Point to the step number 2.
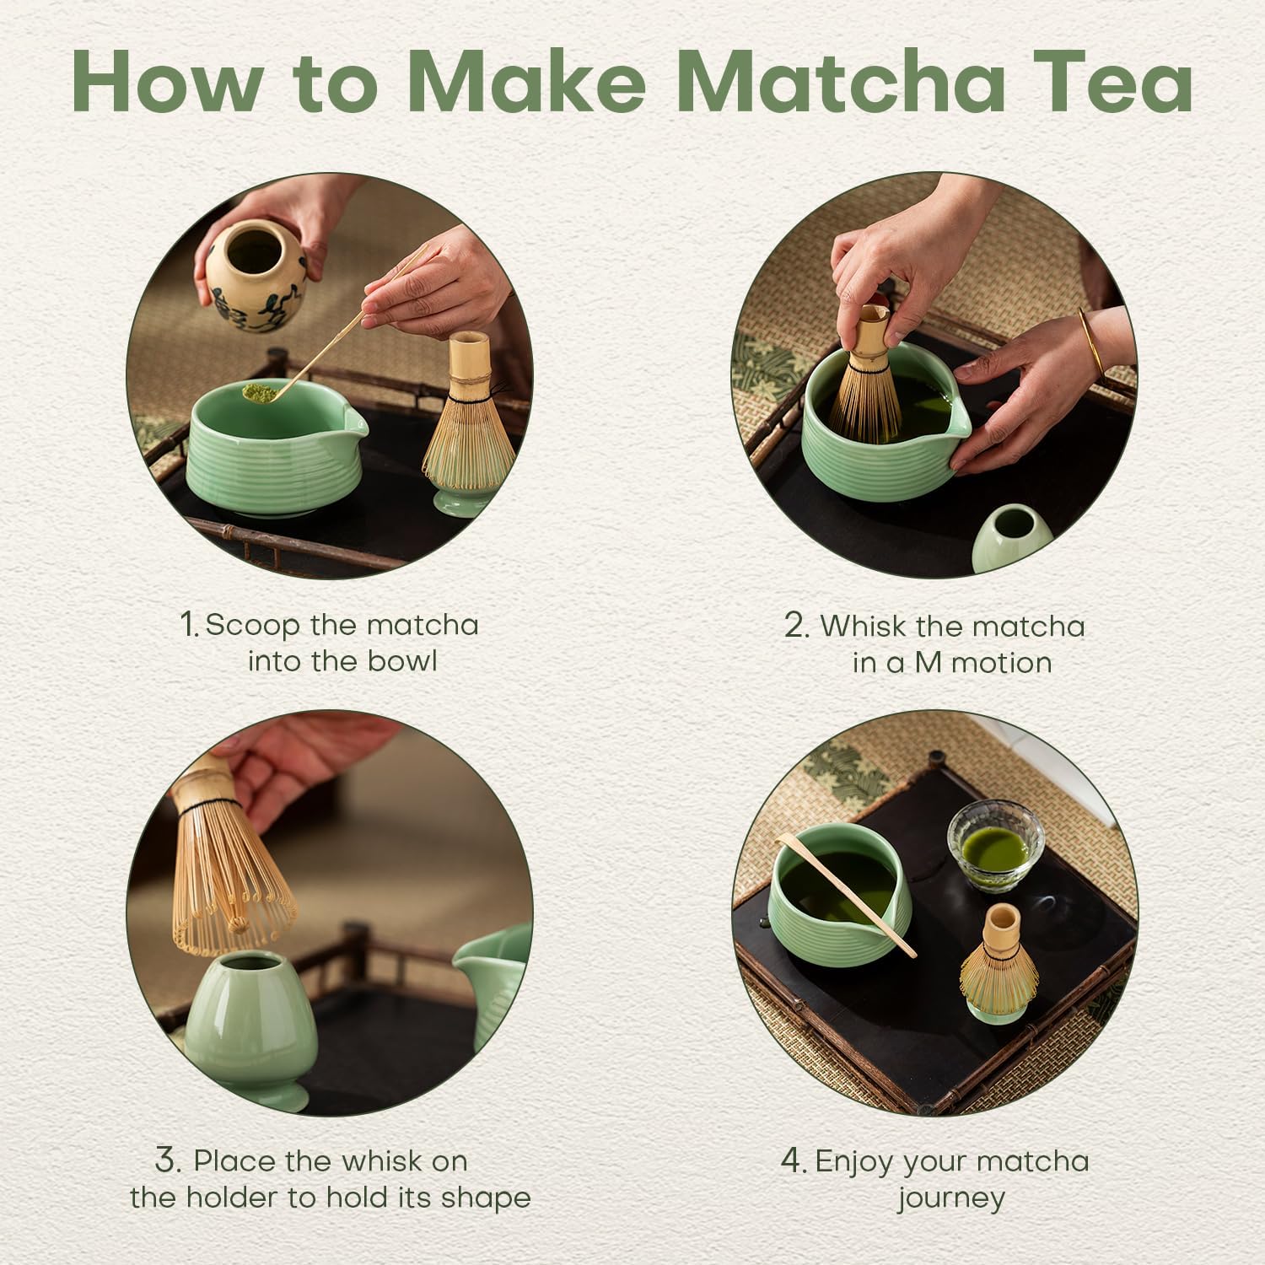[x=797, y=626]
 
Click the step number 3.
[x=168, y=1160]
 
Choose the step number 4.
[x=794, y=1160]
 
